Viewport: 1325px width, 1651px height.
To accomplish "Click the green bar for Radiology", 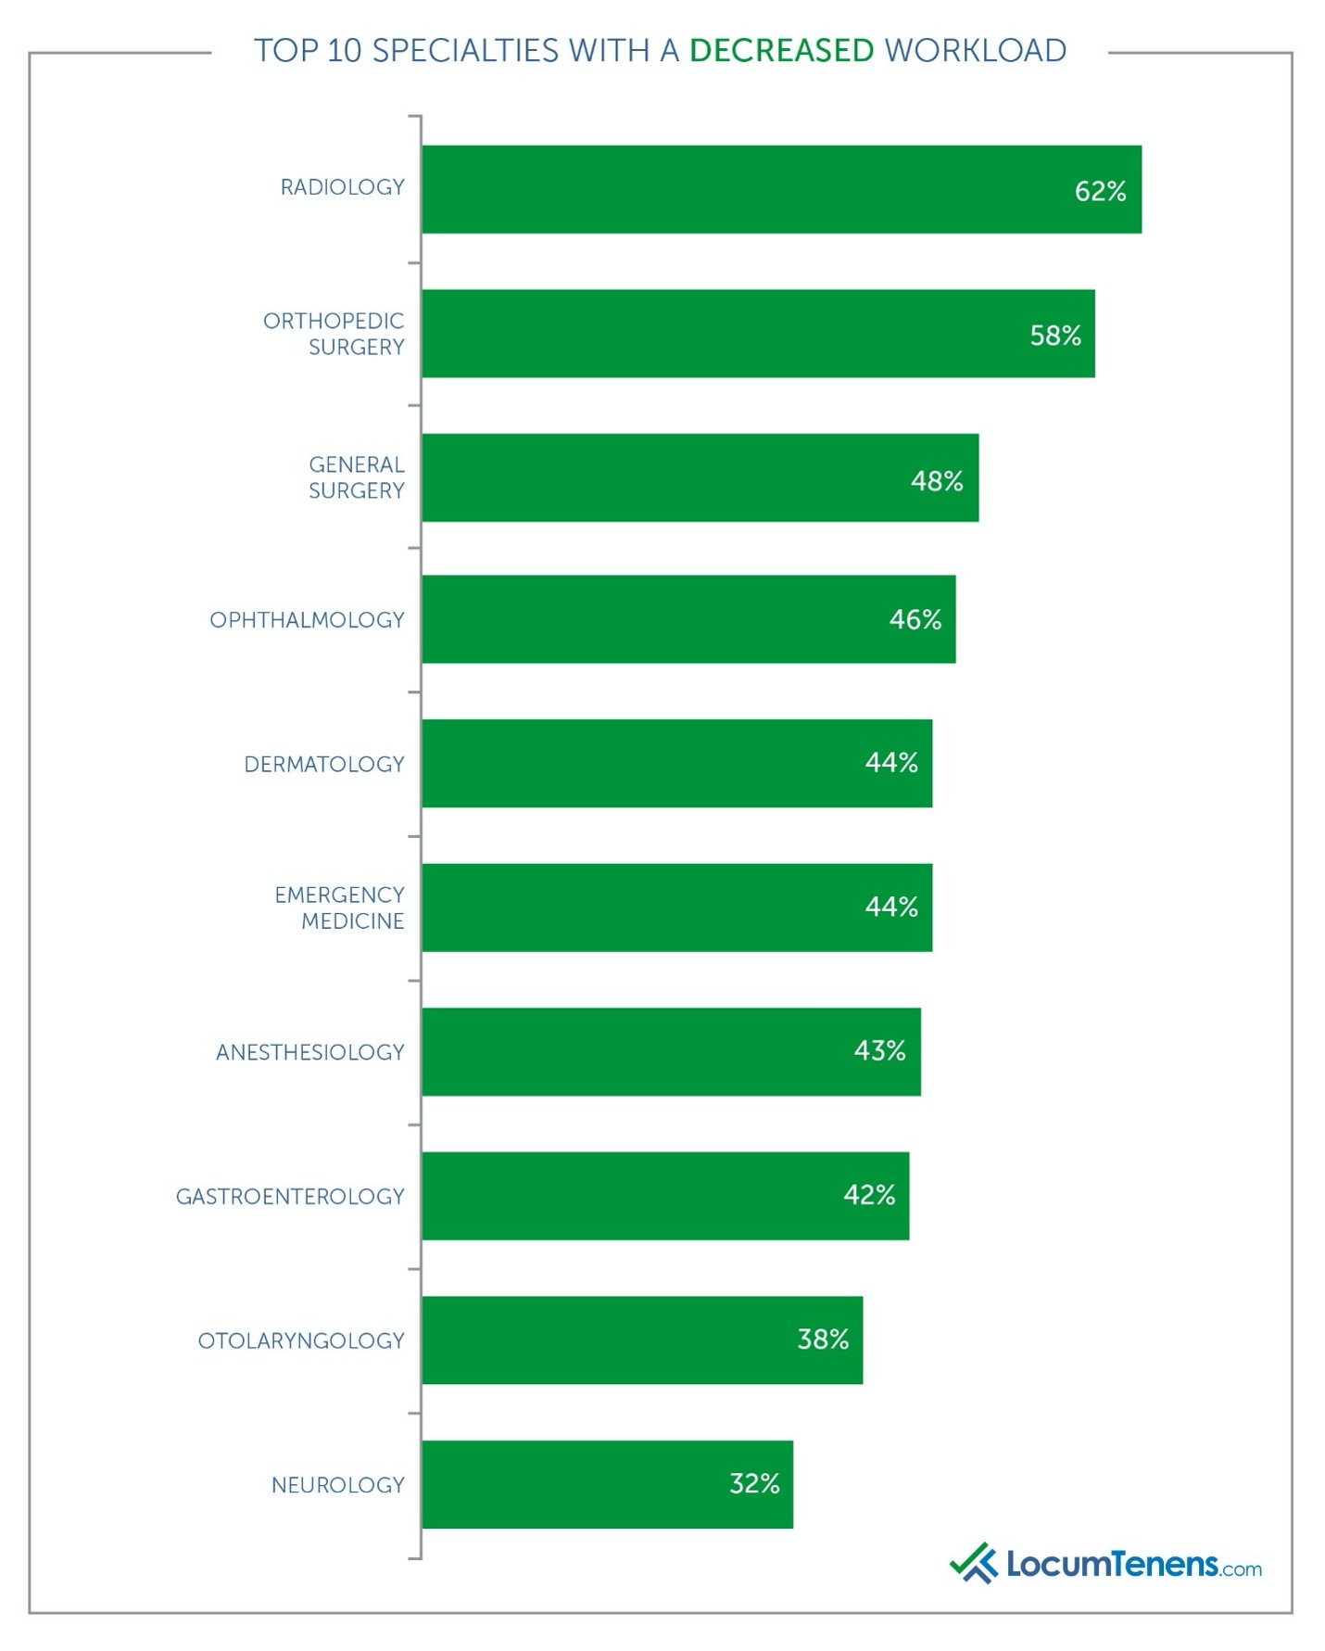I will pos(781,189).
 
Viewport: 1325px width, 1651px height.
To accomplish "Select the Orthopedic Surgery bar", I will pos(758,334).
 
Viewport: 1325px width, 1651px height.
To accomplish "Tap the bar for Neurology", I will pos(607,1484).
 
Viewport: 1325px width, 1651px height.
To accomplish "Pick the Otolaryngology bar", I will pos(642,1340).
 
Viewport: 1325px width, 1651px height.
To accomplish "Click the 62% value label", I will pos(1100,191).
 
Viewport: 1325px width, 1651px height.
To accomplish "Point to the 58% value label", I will pos(1055,336).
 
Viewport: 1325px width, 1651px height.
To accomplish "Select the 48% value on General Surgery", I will pos(937,480).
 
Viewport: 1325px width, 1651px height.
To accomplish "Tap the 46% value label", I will pos(915,619).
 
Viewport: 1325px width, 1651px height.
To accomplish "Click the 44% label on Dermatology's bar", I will pos(891,762).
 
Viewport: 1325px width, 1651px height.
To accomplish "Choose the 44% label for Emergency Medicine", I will pos(891,907).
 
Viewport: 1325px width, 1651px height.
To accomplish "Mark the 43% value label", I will pos(879,1050).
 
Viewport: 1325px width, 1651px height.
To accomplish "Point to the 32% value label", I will pos(754,1483).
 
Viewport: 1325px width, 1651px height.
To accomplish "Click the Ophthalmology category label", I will pos(307,620).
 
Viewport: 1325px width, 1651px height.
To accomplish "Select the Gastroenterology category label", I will pos(290,1197).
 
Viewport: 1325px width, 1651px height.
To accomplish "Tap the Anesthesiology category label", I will pos(309,1052).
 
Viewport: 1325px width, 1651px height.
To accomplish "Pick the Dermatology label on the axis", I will pos(324,765).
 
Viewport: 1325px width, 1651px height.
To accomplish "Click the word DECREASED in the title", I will pos(781,50).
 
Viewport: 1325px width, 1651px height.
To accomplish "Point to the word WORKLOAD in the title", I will pos(976,50).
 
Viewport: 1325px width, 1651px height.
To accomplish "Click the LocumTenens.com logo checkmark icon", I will pos(972,1563).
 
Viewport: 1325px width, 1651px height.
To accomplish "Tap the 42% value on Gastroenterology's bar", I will pos(869,1195).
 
